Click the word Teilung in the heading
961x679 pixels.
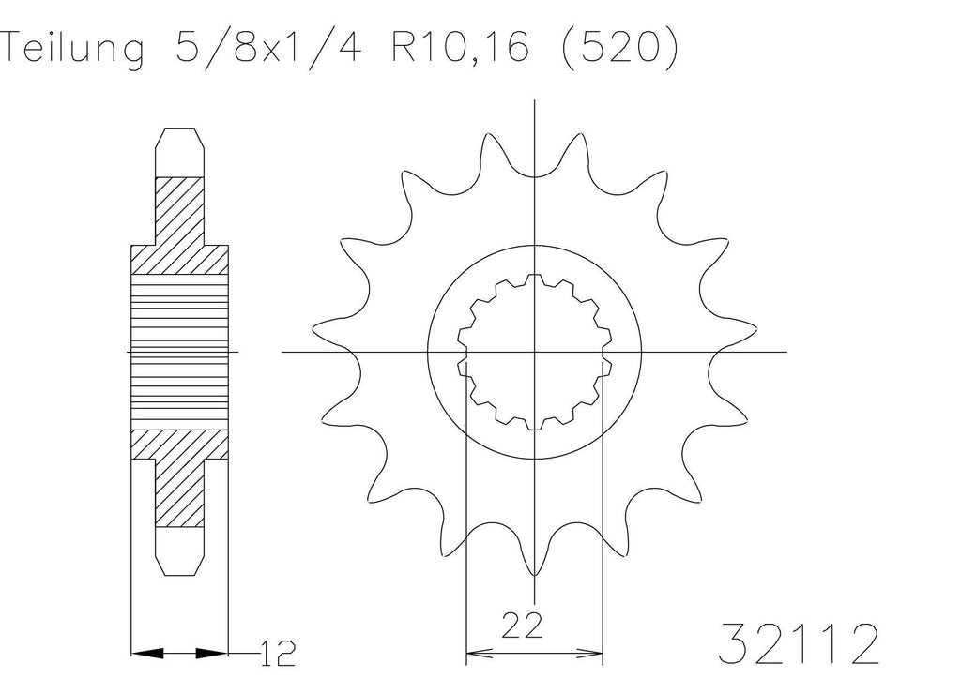(x=73, y=49)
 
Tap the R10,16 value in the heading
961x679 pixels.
(x=460, y=47)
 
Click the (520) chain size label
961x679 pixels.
(x=619, y=47)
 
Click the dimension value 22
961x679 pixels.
(x=522, y=626)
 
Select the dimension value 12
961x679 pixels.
(x=278, y=654)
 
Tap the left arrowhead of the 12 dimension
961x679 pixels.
(x=148, y=654)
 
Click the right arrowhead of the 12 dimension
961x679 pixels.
(x=211, y=654)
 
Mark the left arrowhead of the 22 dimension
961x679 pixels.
(x=480, y=654)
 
